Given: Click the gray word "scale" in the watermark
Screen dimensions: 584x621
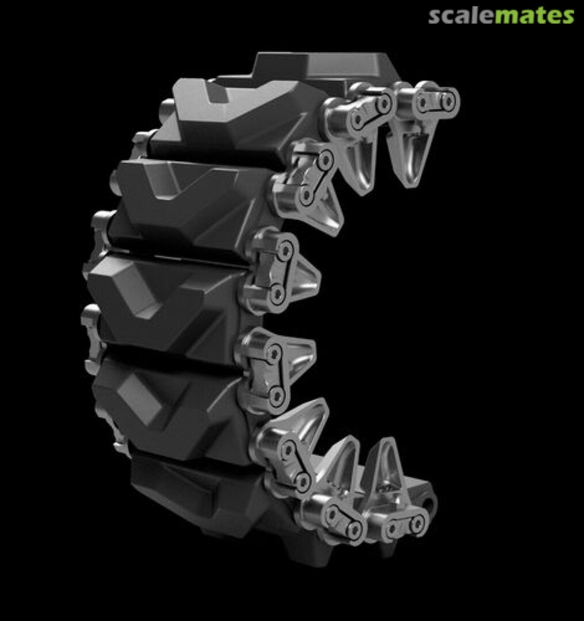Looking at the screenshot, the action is (x=461, y=16).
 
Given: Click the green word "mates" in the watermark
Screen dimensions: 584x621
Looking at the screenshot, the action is (x=534, y=16).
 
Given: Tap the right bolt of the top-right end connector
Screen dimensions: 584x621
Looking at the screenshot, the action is (x=448, y=101).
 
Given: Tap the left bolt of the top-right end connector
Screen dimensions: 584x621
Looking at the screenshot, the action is (x=423, y=103).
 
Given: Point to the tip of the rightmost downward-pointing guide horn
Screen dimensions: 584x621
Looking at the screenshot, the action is (x=409, y=185).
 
